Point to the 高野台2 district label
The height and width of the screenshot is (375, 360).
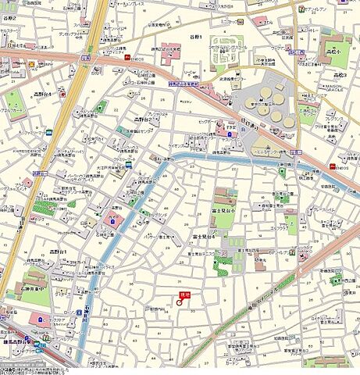coord(144,120)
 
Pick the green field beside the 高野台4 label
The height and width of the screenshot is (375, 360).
coord(15,99)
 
